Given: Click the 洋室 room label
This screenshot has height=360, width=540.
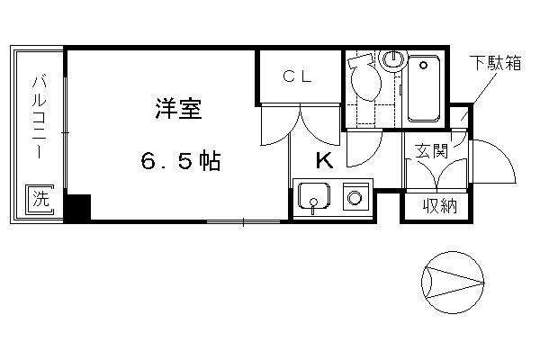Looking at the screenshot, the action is tap(179, 109).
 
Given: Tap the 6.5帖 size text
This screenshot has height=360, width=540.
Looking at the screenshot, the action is tap(181, 160).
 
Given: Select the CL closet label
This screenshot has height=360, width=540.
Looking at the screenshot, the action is tap(298, 76).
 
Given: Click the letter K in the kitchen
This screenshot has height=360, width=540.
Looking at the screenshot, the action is tap(325, 160).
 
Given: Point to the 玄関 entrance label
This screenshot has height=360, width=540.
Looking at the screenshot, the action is tap(431, 151).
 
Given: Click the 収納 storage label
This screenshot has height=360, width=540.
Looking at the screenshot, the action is tap(440, 206).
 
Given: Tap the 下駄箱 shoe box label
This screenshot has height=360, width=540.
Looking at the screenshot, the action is tap(496, 63).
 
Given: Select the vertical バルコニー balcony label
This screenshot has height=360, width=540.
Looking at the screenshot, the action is tap(40, 116).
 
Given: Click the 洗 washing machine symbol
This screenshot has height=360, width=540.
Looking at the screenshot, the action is tap(40, 200).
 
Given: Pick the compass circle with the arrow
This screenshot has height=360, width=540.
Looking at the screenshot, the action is tap(453, 283).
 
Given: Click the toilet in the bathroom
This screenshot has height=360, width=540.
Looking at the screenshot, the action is tap(365, 78).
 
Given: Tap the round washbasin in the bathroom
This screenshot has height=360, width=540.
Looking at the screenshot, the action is tap(392, 59).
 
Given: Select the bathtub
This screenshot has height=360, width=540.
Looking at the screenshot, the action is tap(424, 88).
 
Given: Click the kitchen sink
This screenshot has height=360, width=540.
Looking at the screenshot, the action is tap(314, 196).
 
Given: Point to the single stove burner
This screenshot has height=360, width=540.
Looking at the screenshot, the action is tap(355, 198).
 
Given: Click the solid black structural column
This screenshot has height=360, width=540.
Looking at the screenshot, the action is tap(78, 207).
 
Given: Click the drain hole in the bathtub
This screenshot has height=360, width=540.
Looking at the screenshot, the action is tap(423, 65).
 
